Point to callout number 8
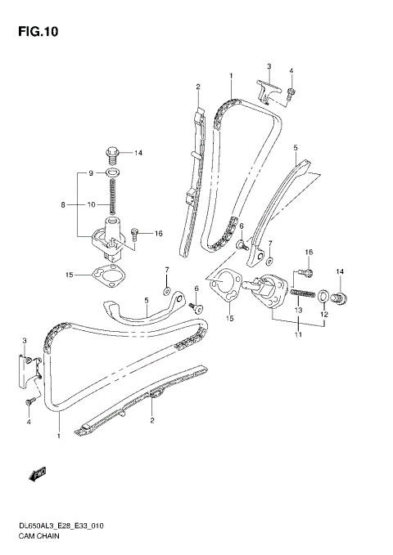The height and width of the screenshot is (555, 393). [62, 206]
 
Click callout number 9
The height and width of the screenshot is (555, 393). [93, 173]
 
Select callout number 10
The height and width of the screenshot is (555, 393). [93, 204]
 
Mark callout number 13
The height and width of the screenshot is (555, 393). [298, 311]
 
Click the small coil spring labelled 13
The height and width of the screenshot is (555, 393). [301, 293]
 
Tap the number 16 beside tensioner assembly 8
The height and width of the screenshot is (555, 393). [158, 233]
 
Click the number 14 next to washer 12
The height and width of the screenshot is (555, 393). [340, 271]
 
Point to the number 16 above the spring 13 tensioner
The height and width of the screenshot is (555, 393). [309, 252]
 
